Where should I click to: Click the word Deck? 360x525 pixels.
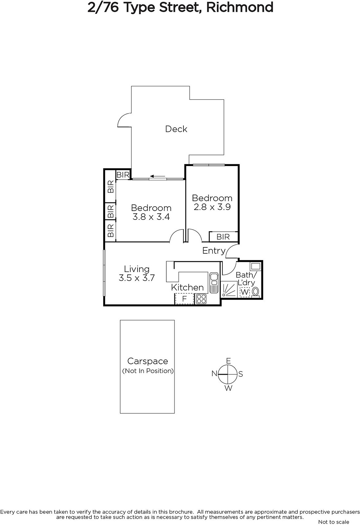pos(176,129)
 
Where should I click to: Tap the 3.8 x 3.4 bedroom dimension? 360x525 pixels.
pos(151,217)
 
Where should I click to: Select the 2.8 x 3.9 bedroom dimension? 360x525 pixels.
pos(212,207)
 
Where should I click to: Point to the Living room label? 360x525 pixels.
pos(137,269)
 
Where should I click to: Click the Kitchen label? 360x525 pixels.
pos(187,287)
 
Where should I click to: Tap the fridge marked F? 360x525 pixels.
pos(184,299)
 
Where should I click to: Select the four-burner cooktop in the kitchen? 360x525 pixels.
pos(201,299)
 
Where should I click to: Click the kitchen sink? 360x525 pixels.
pos(214,283)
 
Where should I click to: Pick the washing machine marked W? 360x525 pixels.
pos(245,292)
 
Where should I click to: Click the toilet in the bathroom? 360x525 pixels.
pos(255,292)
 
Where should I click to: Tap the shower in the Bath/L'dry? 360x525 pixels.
pos(229,289)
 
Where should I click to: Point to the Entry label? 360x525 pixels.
pos(214,251)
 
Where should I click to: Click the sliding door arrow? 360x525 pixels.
pos(158,176)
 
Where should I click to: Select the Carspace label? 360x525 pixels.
pos(148,361)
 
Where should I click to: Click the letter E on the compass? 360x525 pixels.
pos(228,361)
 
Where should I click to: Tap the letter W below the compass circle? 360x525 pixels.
pos(228,388)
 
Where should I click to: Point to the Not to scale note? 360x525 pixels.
pos(334,522)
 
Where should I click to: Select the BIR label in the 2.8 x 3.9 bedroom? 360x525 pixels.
pos(223,237)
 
